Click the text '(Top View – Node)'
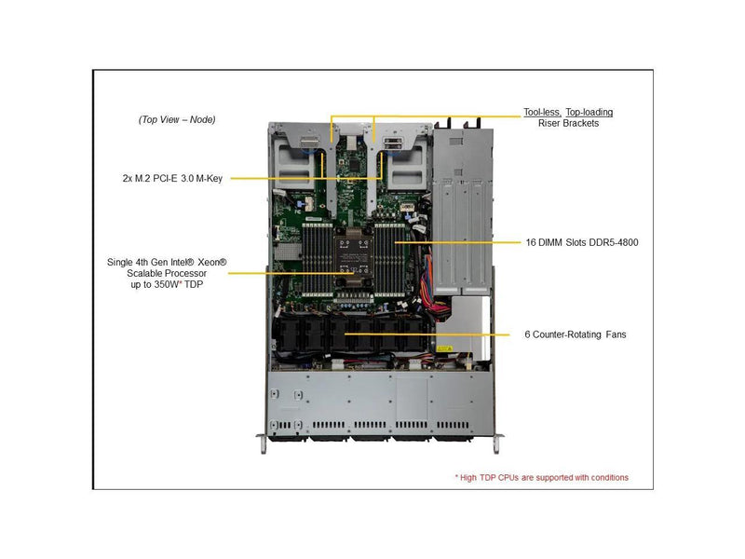pos(177,119)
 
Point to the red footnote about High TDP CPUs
pos(541,477)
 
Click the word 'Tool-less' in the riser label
pos(541,112)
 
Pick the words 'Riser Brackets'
pos(568,123)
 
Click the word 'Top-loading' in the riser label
pos(589,112)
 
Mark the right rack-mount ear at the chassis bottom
pos(500,442)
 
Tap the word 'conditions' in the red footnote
pos(606,477)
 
